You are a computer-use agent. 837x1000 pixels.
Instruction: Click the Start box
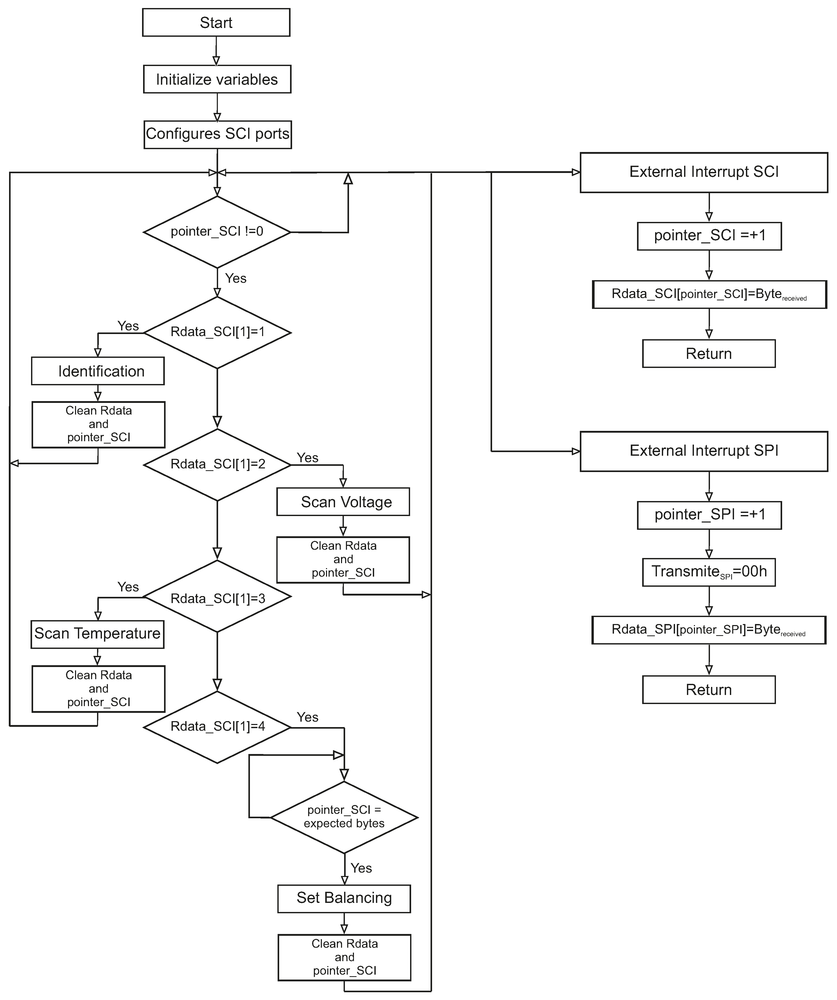tap(216, 22)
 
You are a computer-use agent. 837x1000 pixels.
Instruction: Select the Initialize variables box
tap(217, 79)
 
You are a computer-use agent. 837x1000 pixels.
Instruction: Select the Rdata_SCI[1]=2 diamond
tap(217, 464)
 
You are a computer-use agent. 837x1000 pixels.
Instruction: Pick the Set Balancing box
tap(344, 898)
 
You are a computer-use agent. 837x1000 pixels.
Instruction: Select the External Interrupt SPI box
tap(704, 451)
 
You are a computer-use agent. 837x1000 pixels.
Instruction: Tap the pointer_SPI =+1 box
tap(709, 515)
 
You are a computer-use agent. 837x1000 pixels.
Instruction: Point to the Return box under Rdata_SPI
tap(709, 690)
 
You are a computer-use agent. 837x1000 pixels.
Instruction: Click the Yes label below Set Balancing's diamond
tap(361, 868)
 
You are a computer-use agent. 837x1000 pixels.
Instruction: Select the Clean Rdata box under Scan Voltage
tap(343, 560)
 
